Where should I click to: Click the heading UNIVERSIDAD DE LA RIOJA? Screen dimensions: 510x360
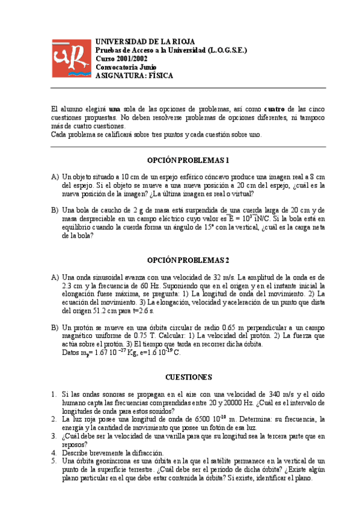click(145, 41)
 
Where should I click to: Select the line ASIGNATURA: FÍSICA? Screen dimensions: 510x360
click(134, 76)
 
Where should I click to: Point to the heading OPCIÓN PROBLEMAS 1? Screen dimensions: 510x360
click(188, 161)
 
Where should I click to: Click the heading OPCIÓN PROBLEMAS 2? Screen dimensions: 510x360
click(188, 260)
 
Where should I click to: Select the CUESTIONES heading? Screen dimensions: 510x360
click(188, 377)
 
